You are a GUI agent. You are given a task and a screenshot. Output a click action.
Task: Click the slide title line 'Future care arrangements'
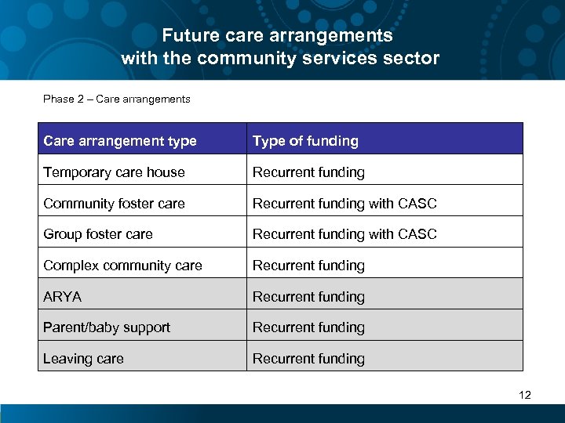point(277,35)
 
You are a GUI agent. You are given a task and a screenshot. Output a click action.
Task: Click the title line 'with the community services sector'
point(280,58)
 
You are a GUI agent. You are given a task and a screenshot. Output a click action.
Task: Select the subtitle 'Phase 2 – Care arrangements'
point(117,99)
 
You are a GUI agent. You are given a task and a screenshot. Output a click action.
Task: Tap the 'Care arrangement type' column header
point(120,141)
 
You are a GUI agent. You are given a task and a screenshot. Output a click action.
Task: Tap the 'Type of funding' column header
point(305,141)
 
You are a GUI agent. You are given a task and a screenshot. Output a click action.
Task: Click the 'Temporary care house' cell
point(115,172)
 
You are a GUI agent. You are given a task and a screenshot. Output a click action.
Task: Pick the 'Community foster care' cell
point(115,204)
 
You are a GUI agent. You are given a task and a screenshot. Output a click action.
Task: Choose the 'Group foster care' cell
point(98,234)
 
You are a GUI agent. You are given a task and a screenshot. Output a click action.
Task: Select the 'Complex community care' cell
point(123,266)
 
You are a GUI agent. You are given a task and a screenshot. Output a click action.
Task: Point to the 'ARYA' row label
point(63,297)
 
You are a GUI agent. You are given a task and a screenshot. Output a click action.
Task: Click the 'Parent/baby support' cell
point(107,327)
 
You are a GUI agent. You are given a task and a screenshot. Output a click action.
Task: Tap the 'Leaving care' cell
point(83,359)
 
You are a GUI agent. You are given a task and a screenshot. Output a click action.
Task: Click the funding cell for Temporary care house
point(308,172)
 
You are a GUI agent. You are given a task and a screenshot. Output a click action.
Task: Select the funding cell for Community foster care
point(344,204)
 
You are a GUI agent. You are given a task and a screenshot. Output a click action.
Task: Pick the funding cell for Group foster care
point(344,234)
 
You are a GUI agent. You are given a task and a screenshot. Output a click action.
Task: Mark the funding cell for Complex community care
point(308,266)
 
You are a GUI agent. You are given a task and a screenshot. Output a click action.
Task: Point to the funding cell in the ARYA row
point(308,297)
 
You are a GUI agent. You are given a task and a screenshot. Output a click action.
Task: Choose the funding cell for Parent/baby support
point(308,327)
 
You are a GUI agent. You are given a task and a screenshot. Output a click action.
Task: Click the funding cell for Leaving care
point(308,359)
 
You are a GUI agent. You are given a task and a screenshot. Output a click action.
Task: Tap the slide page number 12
point(525,395)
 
